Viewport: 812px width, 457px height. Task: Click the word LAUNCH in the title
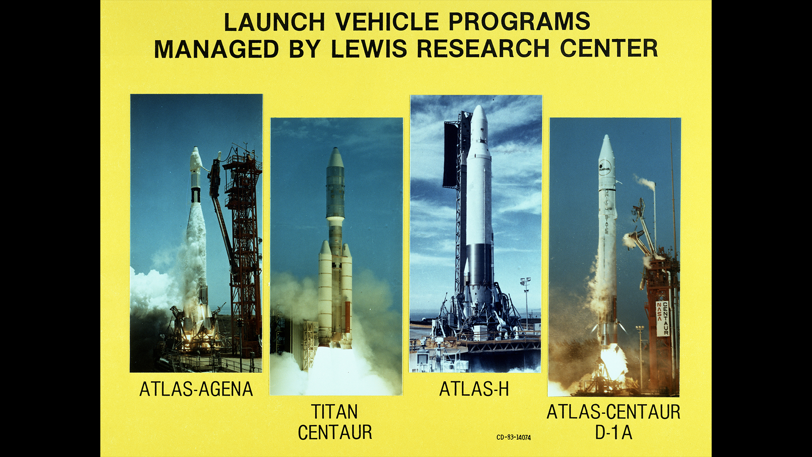(274, 22)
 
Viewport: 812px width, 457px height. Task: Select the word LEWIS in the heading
(369, 49)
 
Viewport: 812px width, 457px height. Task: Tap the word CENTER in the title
(609, 49)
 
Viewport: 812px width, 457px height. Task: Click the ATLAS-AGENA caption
(196, 389)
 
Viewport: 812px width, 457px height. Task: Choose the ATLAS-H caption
(474, 389)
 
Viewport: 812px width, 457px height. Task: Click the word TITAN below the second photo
(335, 412)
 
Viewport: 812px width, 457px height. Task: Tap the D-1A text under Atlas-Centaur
(614, 432)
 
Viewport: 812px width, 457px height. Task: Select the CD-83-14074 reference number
(513, 438)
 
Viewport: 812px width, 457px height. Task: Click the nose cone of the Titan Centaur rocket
(335, 157)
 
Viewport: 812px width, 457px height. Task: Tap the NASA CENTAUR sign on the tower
(663, 319)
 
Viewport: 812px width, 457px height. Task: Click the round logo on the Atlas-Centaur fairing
(605, 168)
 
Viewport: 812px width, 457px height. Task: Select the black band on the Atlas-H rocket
(479, 264)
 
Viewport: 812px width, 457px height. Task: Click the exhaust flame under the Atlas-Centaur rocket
(613, 362)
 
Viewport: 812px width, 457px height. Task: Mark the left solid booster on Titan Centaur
(325, 292)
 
